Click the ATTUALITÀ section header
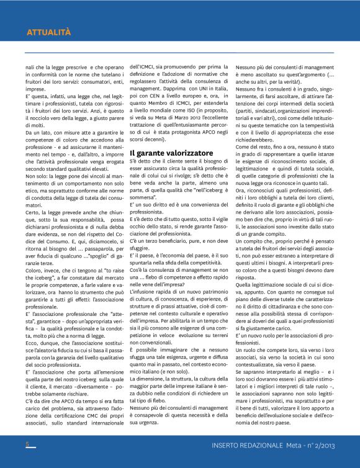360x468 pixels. coord(48,32)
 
